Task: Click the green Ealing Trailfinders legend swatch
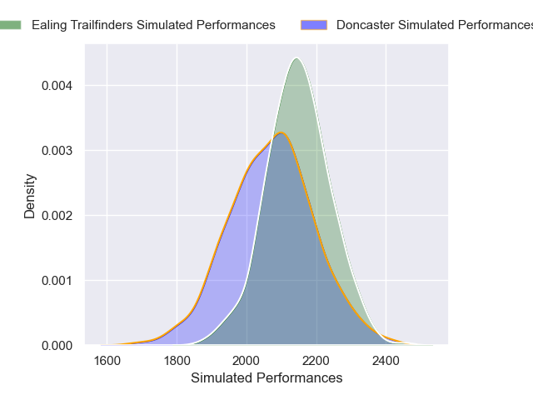pyautogui.click(x=9, y=25)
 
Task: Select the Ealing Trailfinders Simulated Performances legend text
pyautogui.click(x=153, y=25)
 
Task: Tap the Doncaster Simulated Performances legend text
pyautogui.click(x=434, y=25)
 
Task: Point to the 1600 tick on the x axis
pyautogui.click(x=107, y=361)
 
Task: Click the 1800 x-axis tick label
pyautogui.click(x=177, y=361)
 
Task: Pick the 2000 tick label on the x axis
pyautogui.click(x=247, y=361)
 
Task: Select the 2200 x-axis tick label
pyautogui.click(x=316, y=361)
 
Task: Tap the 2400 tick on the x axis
pyautogui.click(x=386, y=361)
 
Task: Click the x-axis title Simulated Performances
pyautogui.click(x=266, y=378)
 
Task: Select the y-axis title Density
pyautogui.click(x=30, y=196)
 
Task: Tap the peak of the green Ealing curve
pyautogui.click(x=296, y=57)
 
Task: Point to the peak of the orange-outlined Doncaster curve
pyautogui.click(x=281, y=132)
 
